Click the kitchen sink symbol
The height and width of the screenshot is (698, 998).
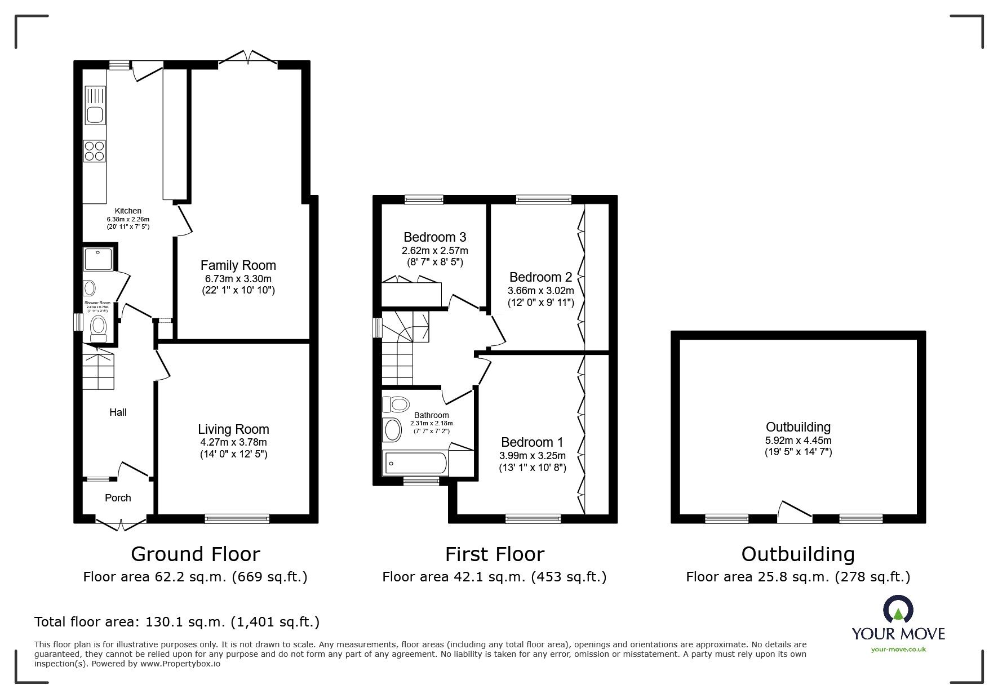95,114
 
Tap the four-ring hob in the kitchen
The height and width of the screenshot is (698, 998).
95,150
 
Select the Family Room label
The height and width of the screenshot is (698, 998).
238,265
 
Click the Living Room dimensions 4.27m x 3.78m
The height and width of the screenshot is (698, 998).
233,442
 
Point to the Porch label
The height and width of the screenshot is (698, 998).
118,498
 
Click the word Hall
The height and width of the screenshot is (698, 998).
118,412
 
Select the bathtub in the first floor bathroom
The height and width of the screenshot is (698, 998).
416,464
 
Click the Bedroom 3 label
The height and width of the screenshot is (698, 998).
434,237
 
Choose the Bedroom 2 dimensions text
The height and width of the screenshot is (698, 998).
540,291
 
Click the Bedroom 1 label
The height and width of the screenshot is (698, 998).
531,442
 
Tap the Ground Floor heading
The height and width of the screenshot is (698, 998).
195,554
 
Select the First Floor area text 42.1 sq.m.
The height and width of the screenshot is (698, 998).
494,577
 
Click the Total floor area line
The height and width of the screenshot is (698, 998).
177,622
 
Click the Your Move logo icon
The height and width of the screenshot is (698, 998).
898,610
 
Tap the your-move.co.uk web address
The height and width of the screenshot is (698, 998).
898,650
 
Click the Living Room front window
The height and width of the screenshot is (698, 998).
237,518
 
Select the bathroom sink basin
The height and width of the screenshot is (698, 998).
392,429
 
